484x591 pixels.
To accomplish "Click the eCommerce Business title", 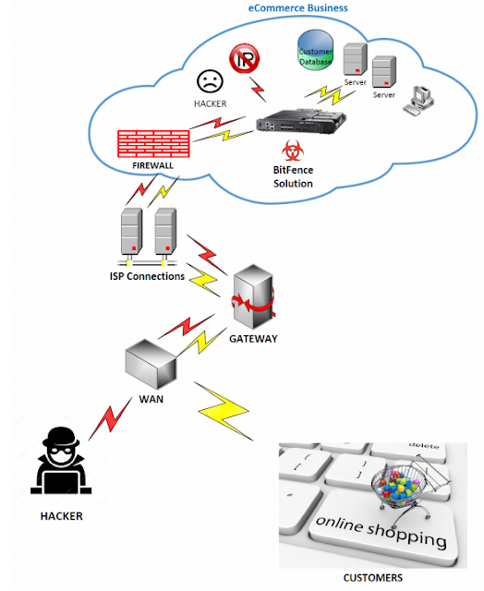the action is (297, 8).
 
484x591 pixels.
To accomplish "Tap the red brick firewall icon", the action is (153, 144).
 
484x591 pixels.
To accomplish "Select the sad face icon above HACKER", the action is (210, 80).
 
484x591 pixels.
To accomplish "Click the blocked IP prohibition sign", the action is (244, 58).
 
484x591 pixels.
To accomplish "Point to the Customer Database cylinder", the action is (316, 50).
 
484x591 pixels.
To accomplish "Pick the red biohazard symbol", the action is (293, 151).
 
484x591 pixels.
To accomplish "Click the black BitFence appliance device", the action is (301, 121).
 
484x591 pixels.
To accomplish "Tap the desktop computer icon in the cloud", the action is (418, 101).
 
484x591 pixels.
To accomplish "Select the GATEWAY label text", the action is (253, 339).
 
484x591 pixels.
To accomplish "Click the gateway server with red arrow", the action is (253, 296).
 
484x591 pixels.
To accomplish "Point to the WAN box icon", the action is (151, 364).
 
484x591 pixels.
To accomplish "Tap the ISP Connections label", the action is (147, 276).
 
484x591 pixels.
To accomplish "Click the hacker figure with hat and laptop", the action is (61, 461).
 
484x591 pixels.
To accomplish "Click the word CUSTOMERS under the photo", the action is (373, 578).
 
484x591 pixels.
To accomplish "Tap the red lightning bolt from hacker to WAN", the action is (111, 418).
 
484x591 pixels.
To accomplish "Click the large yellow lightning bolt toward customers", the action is (224, 411).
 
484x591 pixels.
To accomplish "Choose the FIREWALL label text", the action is (152, 165).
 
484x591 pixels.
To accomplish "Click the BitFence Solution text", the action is (294, 176).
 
